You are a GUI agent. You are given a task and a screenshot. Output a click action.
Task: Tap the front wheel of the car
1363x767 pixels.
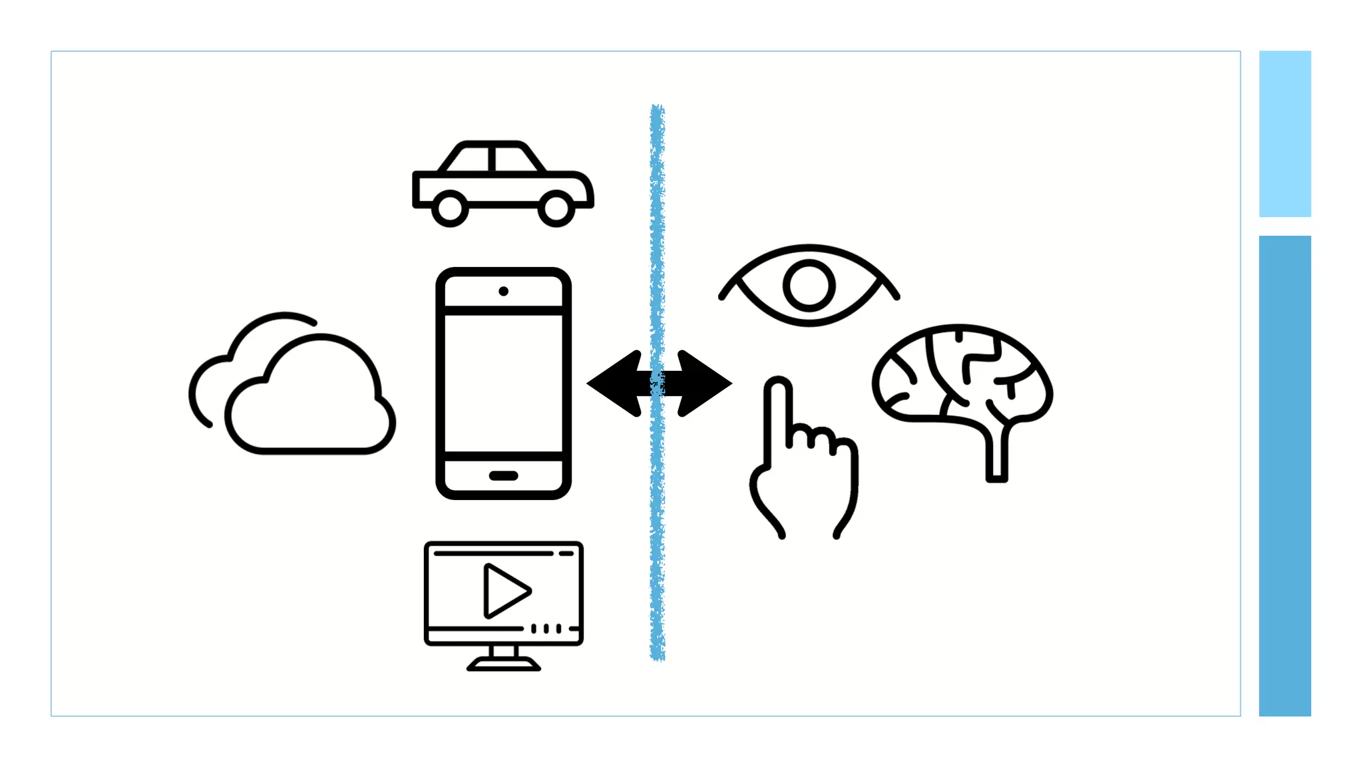click(x=556, y=208)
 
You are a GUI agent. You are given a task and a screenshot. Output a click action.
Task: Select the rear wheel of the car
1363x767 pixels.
click(x=450, y=208)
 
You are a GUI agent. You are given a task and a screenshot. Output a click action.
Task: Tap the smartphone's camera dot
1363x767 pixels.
click(x=503, y=291)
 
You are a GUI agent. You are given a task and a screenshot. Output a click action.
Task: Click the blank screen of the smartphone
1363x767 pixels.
click(x=503, y=383)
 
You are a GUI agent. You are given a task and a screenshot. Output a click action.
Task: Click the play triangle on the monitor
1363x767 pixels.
click(x=505, y=591)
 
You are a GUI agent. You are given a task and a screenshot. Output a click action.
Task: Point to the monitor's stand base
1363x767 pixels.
click(x=503, y=664)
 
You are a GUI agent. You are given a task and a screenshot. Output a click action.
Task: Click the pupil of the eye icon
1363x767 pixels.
click(x=809, y=286)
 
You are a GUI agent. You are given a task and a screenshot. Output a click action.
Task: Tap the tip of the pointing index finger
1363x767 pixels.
click(x=777, y=387)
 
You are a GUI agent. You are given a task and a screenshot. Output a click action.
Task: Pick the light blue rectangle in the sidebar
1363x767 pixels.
click(x=1284, y=134)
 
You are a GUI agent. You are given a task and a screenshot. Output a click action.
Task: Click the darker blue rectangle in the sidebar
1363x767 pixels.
click(x=1284, y=475)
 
